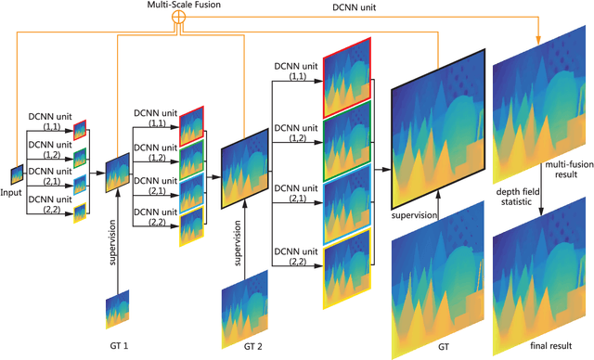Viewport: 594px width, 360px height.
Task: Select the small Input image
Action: (17, 174)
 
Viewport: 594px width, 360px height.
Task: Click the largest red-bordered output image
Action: (345, 79)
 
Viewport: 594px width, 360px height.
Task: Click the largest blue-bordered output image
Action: (345, 205)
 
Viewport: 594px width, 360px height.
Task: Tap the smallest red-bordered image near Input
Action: (80, 130)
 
